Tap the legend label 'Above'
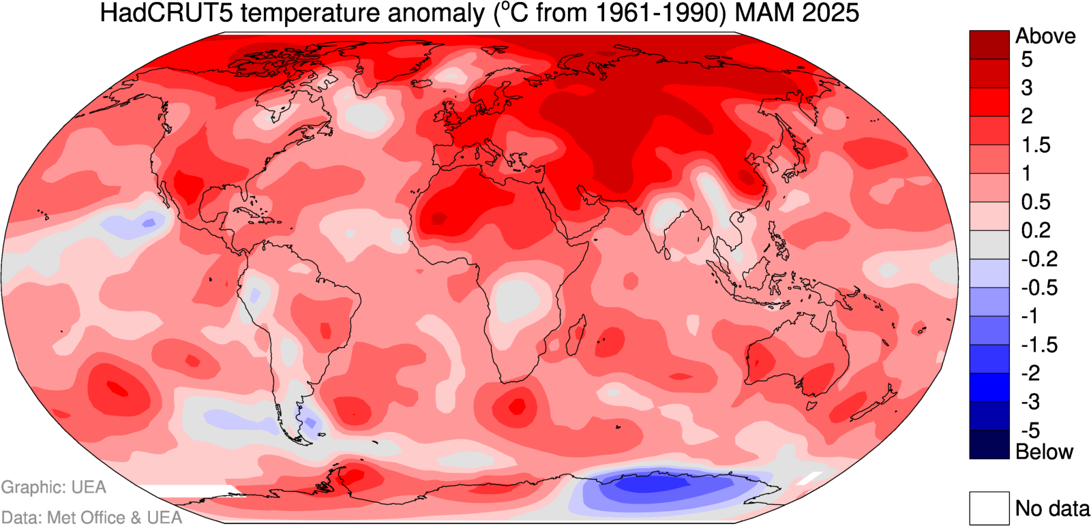(1045, 36)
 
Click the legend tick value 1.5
(1035, 145)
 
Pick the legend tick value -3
(1030, 402)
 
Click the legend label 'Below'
(1044, 452)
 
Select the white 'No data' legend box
(989, 508)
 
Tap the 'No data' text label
(1052, 508)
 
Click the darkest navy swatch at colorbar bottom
(989, 444)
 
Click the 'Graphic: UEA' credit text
(54, 487)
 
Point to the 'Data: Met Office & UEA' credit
(91, 518)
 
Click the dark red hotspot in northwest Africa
(438, 218)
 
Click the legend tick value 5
(1026, 60)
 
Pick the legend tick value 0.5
(1035, 202)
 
